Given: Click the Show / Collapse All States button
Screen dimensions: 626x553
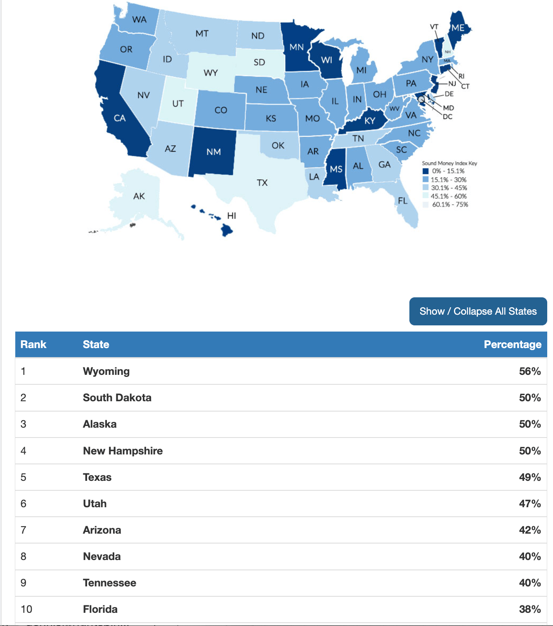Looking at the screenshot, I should (x=478, y=311).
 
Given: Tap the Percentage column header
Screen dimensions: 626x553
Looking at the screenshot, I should (x=512, y=344).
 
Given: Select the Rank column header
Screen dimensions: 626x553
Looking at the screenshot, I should (x=33, y=344).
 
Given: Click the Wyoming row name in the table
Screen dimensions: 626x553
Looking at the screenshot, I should (x=106, y=371).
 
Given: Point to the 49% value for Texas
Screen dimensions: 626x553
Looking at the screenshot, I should (x=529, y=477).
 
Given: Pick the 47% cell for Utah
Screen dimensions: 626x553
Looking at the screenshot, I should (x=529, y=504).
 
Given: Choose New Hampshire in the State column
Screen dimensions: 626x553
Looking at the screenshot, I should (x=123, y=451).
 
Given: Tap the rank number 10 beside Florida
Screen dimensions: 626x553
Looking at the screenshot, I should (x=26, y=609).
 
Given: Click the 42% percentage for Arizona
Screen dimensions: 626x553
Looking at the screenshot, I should (x=529, y=530).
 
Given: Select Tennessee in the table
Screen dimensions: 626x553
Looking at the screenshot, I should (x=109, y=583).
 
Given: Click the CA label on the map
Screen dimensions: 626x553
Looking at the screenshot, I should (x=120, y=118).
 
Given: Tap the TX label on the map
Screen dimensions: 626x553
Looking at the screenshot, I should (x=262, y=183).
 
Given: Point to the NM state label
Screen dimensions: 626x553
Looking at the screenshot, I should (x=214, y=152).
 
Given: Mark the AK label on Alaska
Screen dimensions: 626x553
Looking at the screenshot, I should (x=139, y=196).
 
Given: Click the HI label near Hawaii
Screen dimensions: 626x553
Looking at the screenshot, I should (x=232, y=216).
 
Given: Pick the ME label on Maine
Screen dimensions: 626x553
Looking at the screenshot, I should (x=458, y=28).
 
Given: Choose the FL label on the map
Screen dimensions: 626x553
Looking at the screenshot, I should (x=403, y=201).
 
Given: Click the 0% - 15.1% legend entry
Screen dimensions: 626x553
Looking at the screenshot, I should (x=448, y=171).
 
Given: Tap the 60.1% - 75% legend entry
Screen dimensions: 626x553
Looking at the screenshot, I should (x=450, y=205).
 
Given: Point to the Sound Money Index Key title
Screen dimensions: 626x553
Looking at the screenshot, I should (x=449, y=163).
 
